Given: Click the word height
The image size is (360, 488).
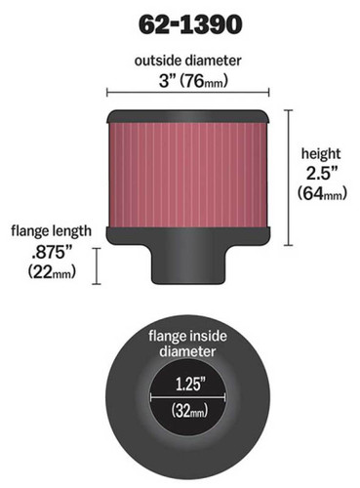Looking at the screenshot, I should pos(321,153).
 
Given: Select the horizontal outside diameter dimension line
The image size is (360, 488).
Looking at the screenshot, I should pos(186,96).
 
